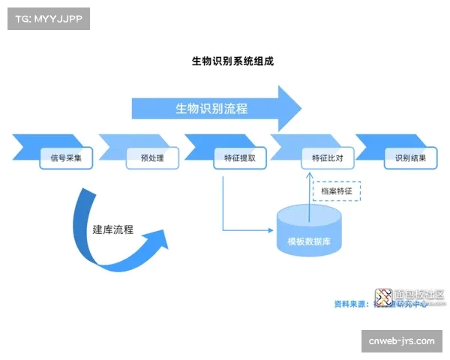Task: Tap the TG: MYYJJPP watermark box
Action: tap(48, 18)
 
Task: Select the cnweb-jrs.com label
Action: tap(401, 341)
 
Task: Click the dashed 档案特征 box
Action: tap(336, 191)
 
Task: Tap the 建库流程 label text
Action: tap(113, 229)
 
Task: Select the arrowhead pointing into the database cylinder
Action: tap(272, 229)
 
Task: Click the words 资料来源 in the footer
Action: tap(350, 304)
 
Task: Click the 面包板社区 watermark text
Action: tap(421, 295)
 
